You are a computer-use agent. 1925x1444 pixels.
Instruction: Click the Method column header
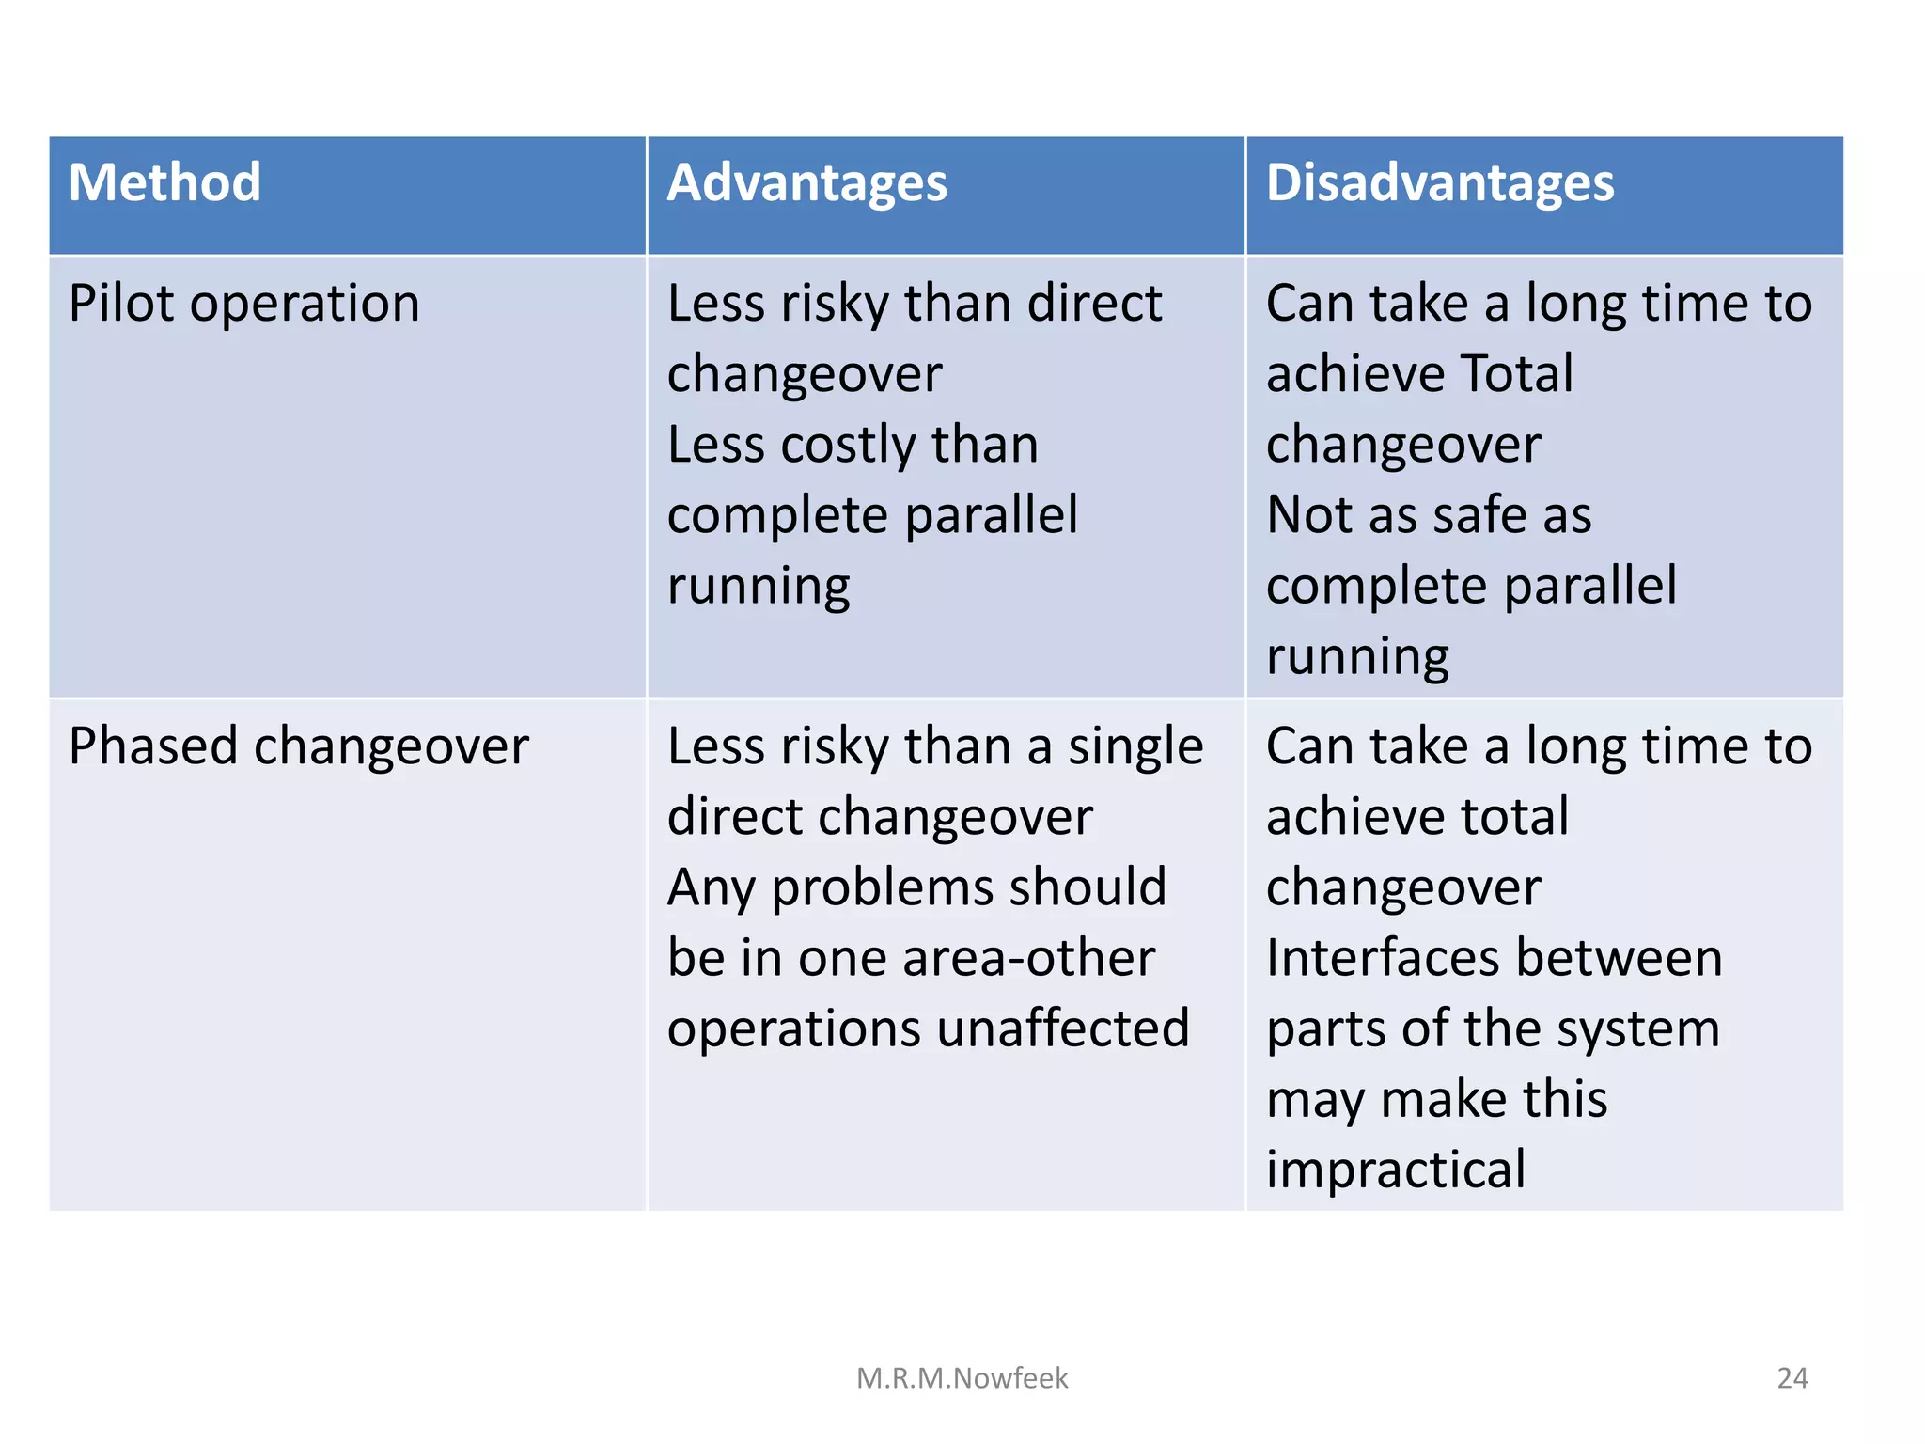coord(164,182)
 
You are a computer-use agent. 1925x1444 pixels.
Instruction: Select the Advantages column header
coord(806,182)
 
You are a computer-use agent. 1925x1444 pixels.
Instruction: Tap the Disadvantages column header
coord(1439,182)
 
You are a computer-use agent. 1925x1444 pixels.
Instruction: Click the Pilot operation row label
coord(243,304)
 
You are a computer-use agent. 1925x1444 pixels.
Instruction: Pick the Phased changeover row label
coord(298,746)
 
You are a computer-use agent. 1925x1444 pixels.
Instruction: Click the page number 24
coord(1792,1378)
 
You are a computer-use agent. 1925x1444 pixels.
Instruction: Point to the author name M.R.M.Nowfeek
coord(962,1378)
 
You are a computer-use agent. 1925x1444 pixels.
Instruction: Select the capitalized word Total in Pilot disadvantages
coord(1517,373)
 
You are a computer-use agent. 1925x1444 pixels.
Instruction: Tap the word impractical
coord(1395,1169)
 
